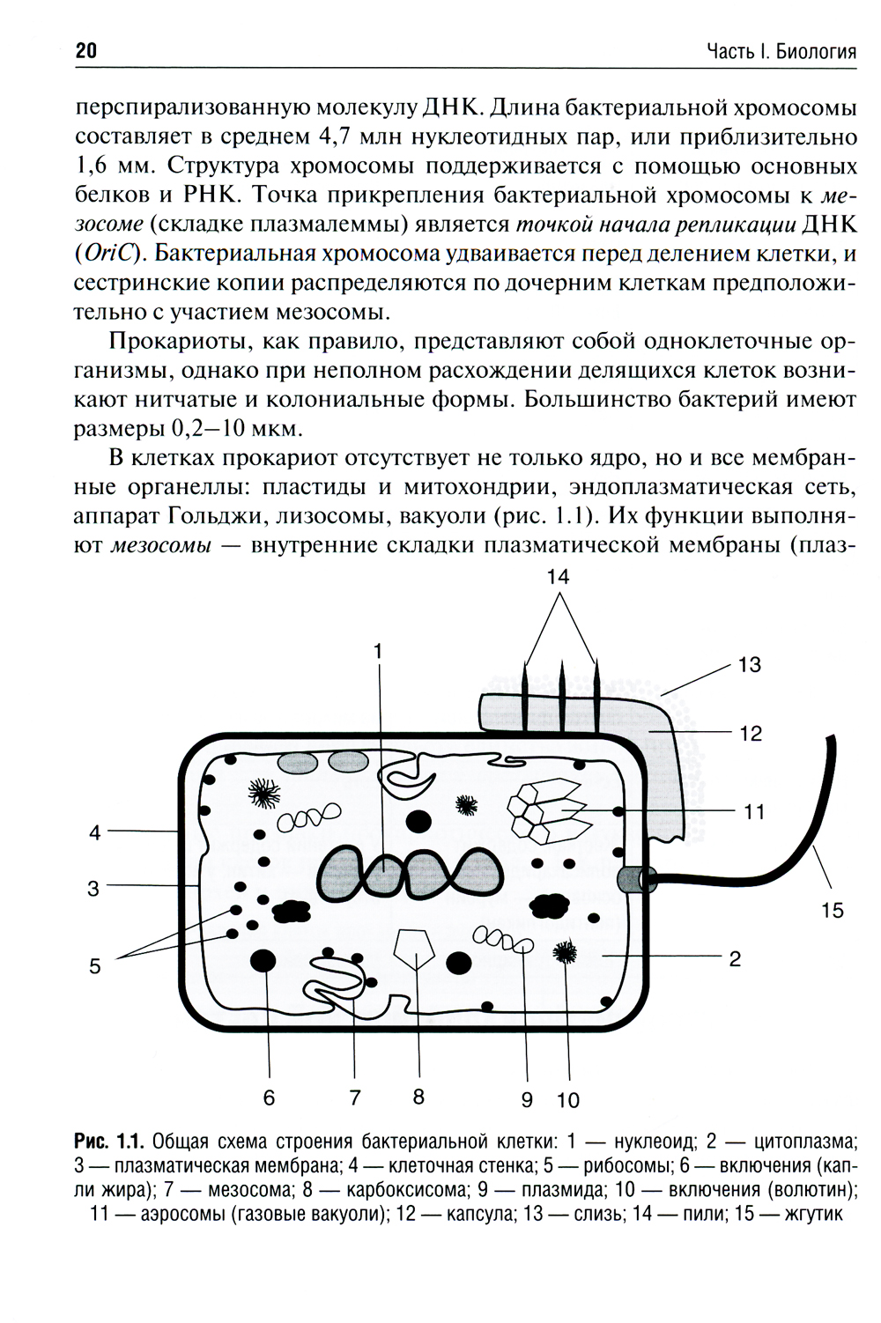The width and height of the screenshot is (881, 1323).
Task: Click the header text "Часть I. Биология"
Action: click(x=781, y=52)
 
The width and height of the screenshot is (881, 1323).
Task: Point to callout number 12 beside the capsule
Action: click(x=750, y=733)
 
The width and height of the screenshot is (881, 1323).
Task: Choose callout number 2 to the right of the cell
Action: click(x=735, y=958)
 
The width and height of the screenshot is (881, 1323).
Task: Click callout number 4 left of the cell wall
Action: click(x=96, y=831)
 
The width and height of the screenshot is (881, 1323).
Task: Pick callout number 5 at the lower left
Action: click(x=95, y=966)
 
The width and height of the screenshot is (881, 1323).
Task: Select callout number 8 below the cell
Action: click(x=418, y=1097)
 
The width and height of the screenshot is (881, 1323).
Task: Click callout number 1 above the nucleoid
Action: click(x=379, y=651)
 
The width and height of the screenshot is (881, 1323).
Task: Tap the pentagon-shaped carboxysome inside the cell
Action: click(x=417, y=950)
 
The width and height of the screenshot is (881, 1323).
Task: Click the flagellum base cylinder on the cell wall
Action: click(x=633, y=878)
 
